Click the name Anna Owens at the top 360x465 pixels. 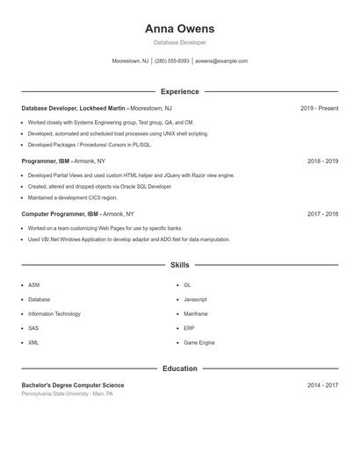[179, 29]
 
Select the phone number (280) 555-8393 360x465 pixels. [172, 61]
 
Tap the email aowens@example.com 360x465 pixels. [221, 61]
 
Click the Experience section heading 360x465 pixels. [179, 91]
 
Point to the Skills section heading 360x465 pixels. [179, 265]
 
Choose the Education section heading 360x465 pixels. [179, 368]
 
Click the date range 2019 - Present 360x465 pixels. [319, 108]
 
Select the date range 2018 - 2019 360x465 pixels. [322, 161]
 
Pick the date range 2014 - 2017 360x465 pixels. [322, 385]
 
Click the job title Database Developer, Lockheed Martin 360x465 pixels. [75, 108]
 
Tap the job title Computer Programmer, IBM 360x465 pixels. [60, 214]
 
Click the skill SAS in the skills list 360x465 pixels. [33, 328]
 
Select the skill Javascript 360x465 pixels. [195, 299]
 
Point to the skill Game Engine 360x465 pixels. [198, 342]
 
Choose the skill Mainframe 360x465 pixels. [196, 313]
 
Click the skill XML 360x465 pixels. [33, 342]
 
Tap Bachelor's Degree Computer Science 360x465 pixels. [73, 385]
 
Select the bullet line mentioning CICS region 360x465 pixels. [72, 197]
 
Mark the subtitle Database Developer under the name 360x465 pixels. [179, 42]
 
